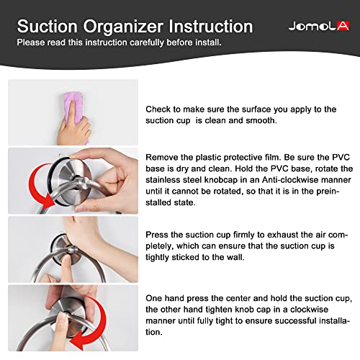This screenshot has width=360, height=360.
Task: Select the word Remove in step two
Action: [163, 157]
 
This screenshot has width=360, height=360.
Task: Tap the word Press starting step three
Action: [158, 235]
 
